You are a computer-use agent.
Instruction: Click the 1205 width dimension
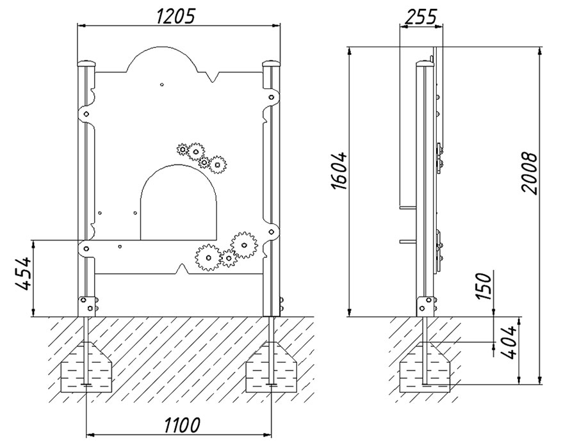pos(177,17)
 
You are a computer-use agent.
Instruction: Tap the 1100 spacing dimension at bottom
pos(182,425)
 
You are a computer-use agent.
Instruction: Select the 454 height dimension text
pos(23,273)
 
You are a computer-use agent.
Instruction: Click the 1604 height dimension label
pos(339,171)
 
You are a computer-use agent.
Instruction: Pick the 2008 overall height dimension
pos(530,173)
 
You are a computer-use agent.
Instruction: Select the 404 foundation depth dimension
pos(508,342)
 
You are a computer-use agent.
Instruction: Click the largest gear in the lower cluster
pos(244,245)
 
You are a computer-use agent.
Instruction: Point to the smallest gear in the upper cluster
pos(183,149)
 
